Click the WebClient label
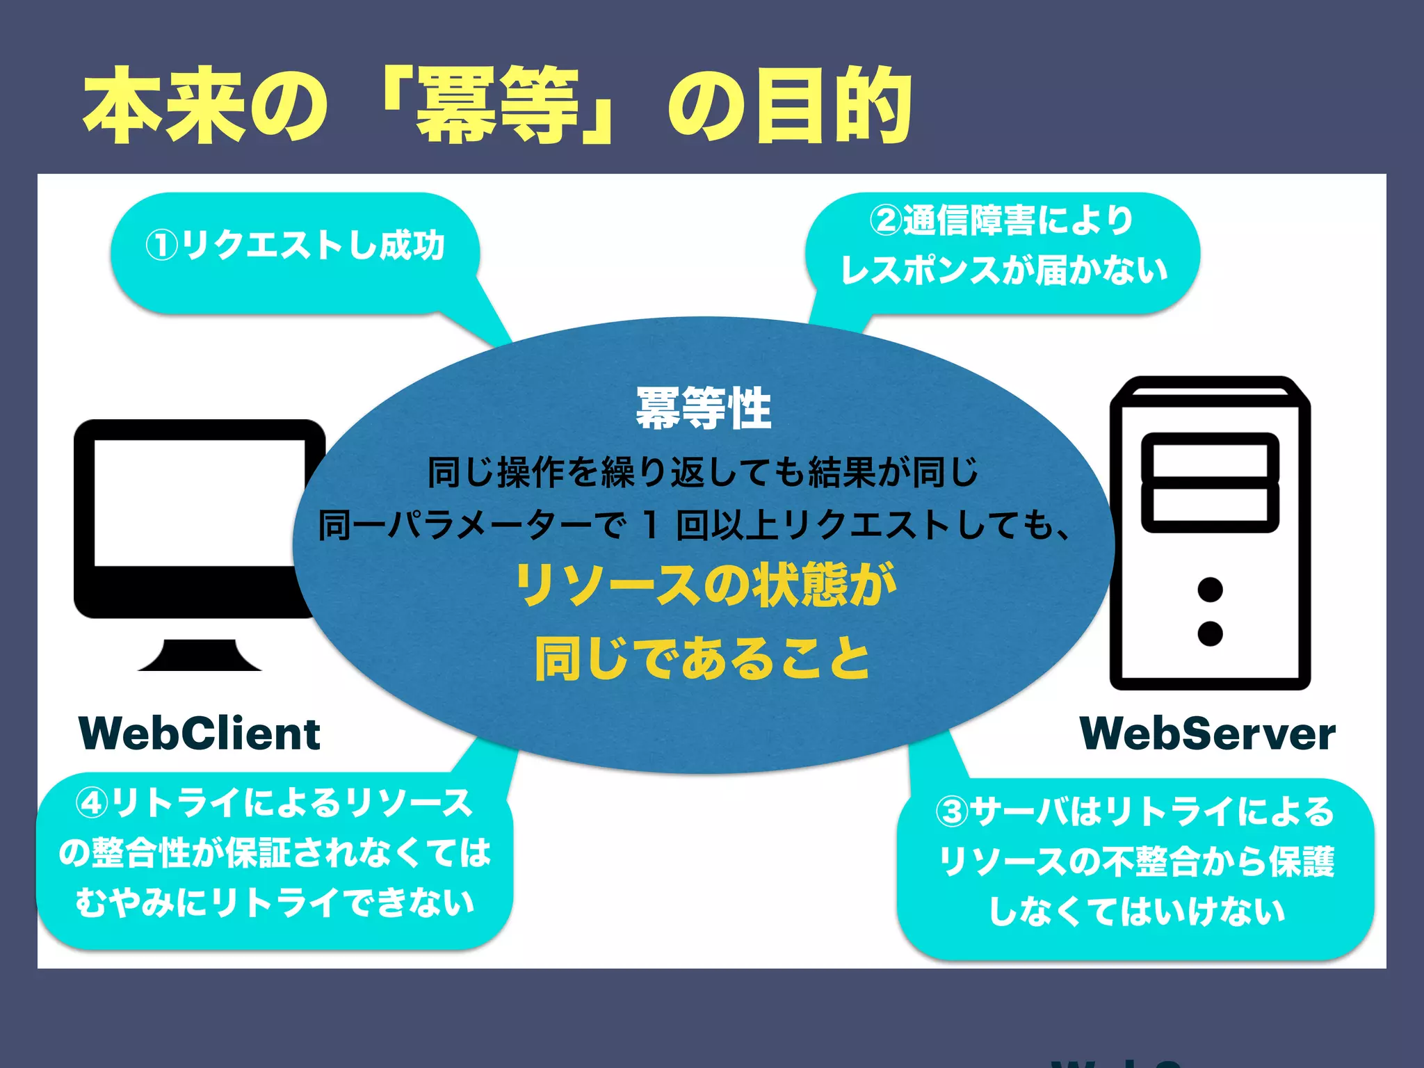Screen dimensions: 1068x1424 point(200,734)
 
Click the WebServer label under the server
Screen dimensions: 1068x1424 point(1207,734)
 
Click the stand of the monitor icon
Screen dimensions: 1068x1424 point(200,655)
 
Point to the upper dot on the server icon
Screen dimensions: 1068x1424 point(1210,590)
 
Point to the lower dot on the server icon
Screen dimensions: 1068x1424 point(1210,633)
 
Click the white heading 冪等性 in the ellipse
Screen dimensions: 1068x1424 point(703,408)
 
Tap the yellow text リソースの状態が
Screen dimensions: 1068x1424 point(704,585)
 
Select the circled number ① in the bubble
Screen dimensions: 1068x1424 point(161,246)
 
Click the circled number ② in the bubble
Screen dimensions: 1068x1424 point(885,221)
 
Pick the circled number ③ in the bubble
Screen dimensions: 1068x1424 point(951,812)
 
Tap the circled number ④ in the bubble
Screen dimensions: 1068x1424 point(92,804)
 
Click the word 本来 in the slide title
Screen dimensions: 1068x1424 point(163,106)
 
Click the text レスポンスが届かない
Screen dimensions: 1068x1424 point(1003,270)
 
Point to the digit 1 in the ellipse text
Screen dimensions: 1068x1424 point(650,525)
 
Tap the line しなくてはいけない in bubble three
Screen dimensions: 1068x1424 point(1136,911)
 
